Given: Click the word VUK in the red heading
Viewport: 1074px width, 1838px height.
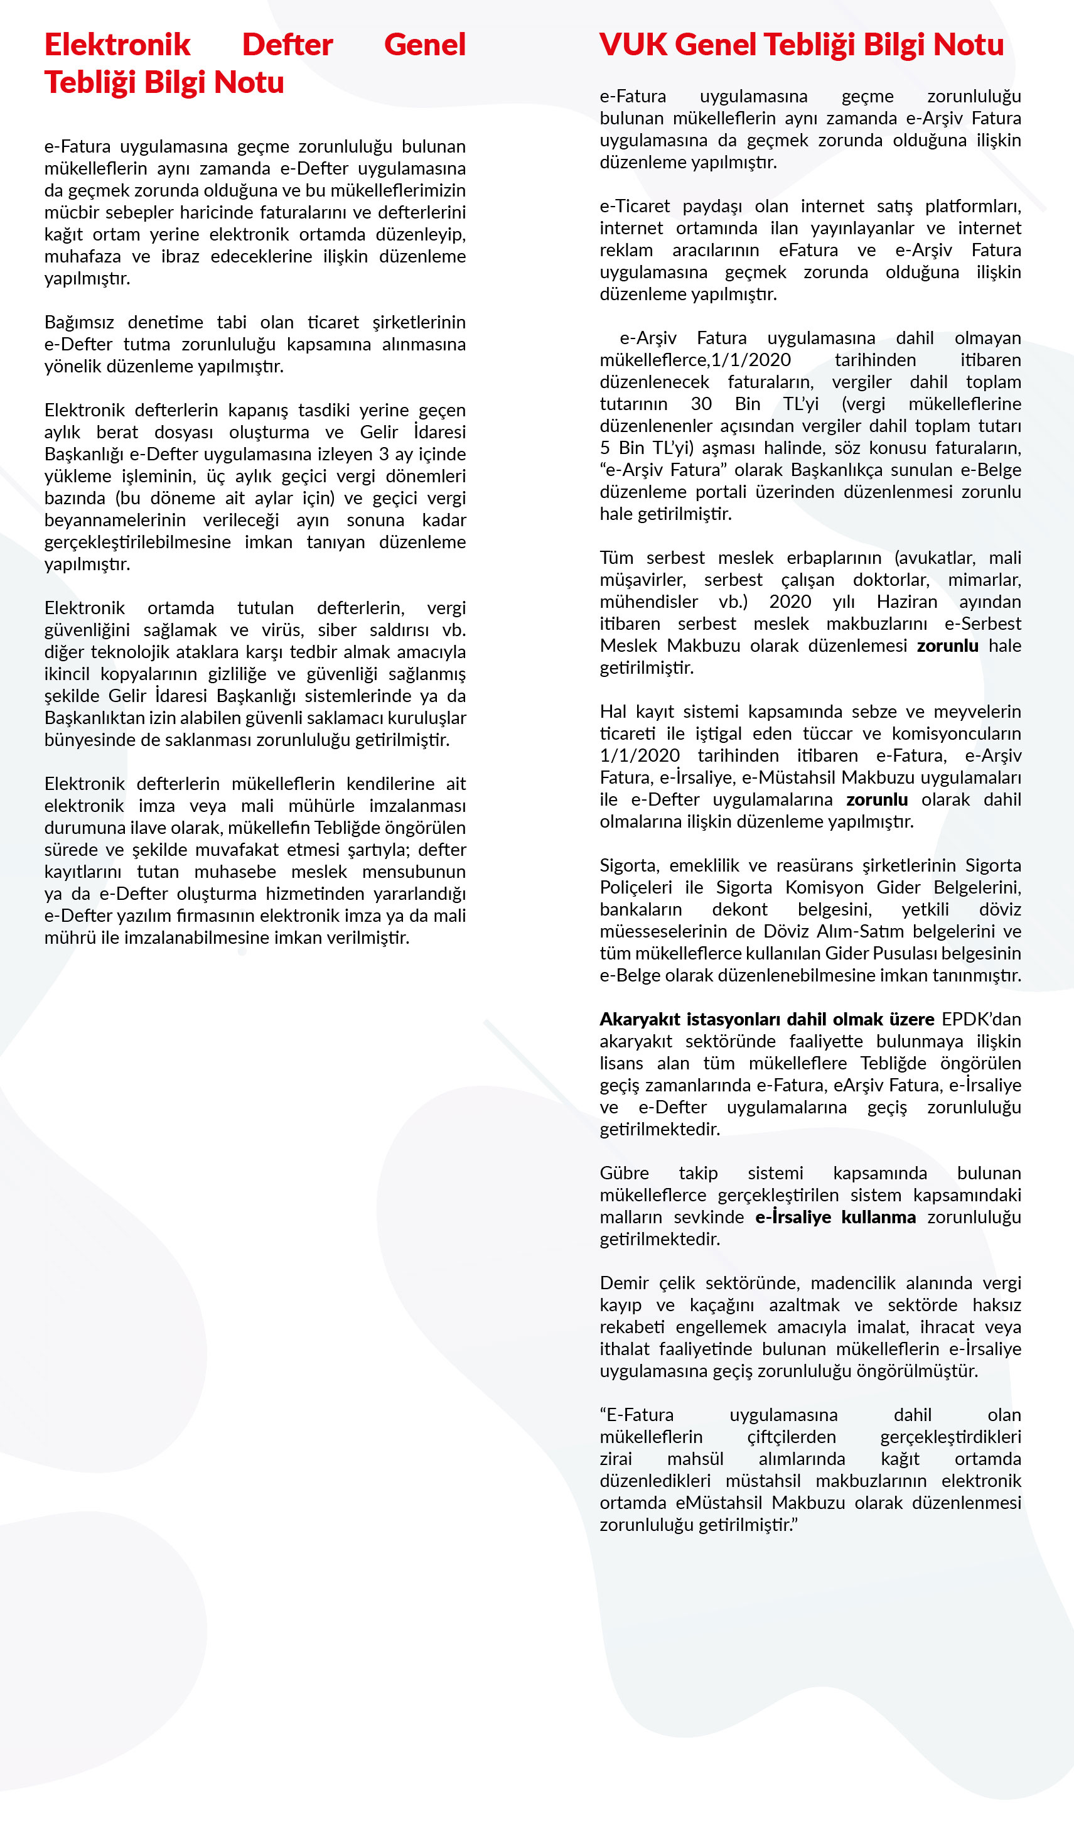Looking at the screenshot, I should tap(632, 45).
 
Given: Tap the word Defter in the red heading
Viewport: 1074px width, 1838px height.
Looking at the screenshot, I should tap(287, 45).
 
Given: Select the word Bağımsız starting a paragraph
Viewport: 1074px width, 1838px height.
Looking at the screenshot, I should tap(78, 322).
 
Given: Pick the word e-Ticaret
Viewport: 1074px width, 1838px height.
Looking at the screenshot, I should tap(635, 207).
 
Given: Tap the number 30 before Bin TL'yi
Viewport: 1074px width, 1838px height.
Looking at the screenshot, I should tap(701, 404).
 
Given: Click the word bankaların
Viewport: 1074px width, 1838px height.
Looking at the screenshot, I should tap(640, 909).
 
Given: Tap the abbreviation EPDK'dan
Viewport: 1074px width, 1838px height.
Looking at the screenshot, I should tap(980, 1019).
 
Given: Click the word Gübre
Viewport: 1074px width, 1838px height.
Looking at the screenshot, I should tap(623, 1173).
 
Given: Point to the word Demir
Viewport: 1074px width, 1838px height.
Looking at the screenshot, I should tap(622, 1283).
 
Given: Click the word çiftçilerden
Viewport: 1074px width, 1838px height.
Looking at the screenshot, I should tap(791, 1437).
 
